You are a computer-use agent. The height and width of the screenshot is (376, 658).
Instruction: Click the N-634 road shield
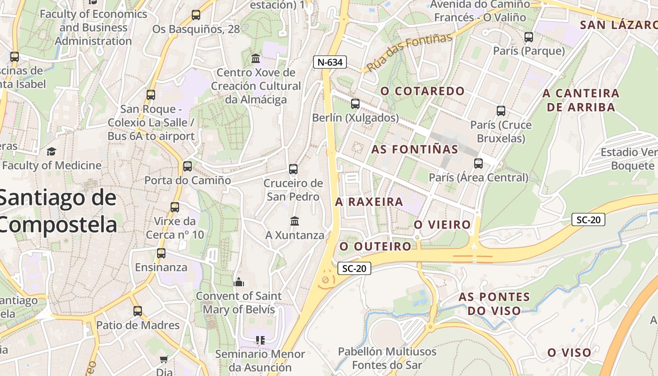330,62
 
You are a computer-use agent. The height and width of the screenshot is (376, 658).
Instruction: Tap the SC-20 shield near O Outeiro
354,268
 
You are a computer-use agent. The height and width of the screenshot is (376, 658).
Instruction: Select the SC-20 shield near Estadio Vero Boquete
588,219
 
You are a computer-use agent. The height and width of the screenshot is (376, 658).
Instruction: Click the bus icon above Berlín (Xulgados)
355,104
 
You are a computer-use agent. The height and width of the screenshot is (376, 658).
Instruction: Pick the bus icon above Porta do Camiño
188,166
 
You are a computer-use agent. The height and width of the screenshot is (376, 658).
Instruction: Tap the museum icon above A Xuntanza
295,221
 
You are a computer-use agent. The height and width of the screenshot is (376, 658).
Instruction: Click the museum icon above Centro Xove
256,59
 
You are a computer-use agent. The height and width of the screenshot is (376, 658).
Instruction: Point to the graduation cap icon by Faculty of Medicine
51,151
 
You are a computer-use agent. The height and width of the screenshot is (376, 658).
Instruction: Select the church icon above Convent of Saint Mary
239,282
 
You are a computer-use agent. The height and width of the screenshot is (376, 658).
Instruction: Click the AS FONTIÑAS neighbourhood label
415,149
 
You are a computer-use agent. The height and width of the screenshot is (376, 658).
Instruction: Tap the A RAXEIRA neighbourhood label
369,202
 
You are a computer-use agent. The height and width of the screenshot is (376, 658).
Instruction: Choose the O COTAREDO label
423,91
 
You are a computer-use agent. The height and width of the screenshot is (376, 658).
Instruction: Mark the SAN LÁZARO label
618,25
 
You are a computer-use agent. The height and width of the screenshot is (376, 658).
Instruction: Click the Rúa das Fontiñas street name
409,52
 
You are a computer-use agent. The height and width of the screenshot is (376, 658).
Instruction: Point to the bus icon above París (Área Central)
478,164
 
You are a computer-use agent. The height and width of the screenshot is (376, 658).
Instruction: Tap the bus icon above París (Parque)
529,37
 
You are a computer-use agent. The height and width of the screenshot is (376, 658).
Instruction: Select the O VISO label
569,352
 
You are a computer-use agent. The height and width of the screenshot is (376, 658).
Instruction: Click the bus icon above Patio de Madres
138,311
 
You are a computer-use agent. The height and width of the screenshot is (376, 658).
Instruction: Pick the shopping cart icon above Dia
164,360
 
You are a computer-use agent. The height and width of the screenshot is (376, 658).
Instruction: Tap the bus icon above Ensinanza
161,253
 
